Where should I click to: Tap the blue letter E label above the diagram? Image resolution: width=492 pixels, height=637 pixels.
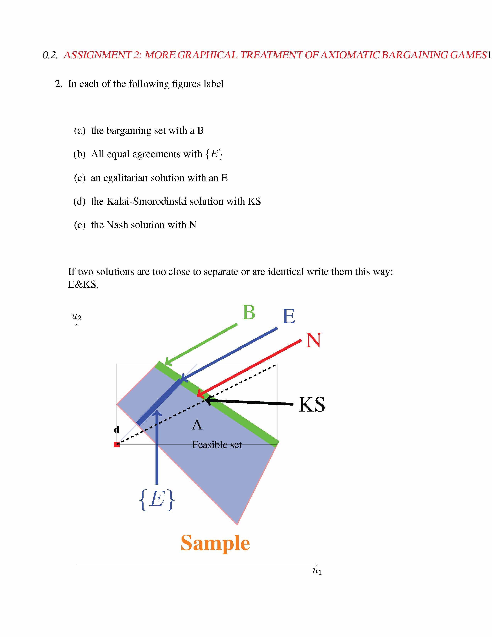click(289, 316)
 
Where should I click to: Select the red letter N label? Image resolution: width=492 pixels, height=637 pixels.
click(313, 340)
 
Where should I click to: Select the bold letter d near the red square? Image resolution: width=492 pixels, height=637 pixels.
click(117, 430)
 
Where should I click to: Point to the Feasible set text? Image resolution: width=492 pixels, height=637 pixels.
click(216, 445)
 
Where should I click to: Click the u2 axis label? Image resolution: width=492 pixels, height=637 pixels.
click(76, 316)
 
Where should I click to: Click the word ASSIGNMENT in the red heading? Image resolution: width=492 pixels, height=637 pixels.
click(98, 55)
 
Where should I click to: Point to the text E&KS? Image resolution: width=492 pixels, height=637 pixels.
click(83, 284)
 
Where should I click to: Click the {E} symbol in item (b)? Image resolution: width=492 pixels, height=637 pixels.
click(214, 154)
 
